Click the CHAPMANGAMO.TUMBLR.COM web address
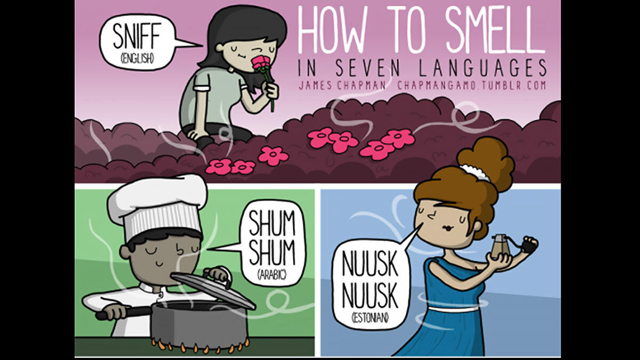coord(472,85)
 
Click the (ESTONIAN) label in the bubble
coord(369,318)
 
